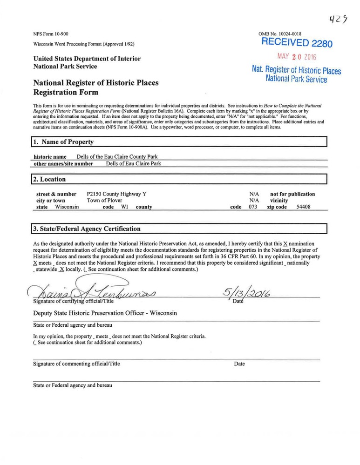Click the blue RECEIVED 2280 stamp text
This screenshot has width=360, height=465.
297,43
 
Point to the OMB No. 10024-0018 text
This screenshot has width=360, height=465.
280,34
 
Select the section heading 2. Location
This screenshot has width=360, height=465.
49,179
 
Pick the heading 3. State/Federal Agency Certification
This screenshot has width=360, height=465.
87,229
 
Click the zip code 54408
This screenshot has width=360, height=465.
303,207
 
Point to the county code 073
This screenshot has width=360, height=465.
253,207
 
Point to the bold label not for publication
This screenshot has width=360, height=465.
292,194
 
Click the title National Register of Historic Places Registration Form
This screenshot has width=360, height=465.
96,88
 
